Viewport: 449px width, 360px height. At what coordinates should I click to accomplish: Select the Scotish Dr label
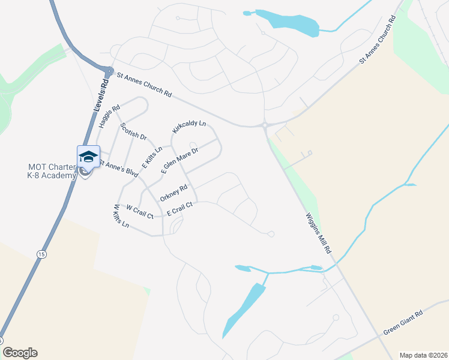133,131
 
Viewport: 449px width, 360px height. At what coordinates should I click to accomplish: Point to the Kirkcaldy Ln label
189,127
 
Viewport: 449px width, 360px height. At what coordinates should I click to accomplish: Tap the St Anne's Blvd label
118,168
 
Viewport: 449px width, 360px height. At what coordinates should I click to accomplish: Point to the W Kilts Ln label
121,216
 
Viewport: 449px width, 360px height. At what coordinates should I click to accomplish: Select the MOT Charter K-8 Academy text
52,171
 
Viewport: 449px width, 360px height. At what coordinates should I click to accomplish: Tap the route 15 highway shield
41,254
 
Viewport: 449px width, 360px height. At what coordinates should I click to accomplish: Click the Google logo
20,353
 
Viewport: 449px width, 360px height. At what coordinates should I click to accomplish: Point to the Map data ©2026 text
423,355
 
